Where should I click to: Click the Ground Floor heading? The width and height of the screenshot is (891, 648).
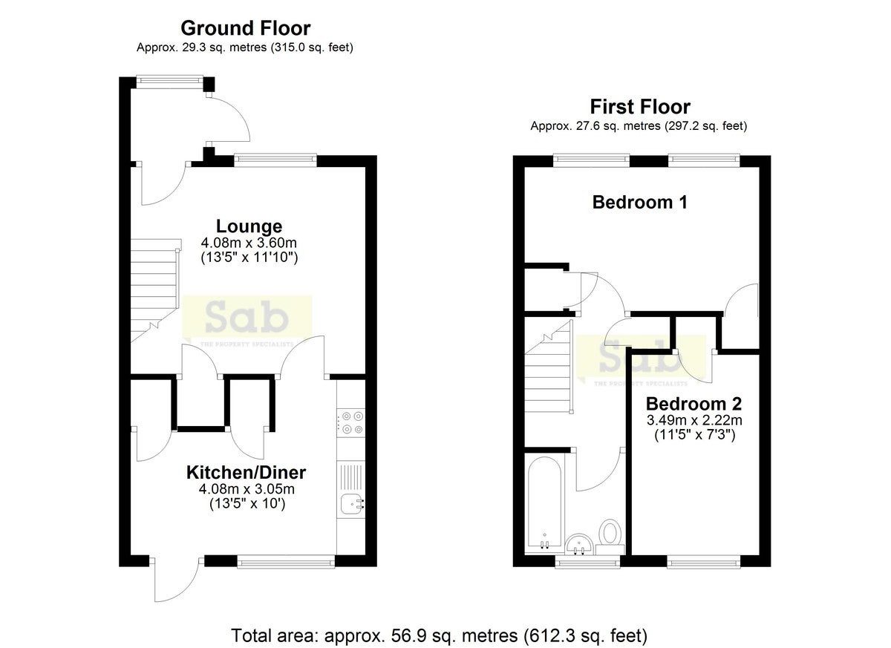point(246,28)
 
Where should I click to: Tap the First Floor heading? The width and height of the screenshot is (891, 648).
point(639,107)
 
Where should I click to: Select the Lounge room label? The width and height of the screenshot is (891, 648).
point(249,226)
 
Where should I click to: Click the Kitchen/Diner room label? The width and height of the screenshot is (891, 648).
point(247,473)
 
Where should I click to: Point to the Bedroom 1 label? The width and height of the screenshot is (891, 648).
point(639,202)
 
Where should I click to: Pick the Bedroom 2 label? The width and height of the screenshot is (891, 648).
point(693,404)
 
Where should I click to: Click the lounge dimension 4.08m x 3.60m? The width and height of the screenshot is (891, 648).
point(249,243)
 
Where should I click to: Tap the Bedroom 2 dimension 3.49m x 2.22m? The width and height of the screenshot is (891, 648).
point(694,420)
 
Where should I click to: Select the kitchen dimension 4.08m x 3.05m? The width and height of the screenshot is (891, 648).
point(247,488)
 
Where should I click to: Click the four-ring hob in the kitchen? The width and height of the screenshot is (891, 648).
point(350,422)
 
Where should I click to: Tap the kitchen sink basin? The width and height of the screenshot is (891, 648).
point(353,505)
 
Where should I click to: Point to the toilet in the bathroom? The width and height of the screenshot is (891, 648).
point(610,537)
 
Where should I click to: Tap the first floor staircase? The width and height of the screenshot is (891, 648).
point(549,367)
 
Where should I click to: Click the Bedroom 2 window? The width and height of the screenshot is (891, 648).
point(703,562)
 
